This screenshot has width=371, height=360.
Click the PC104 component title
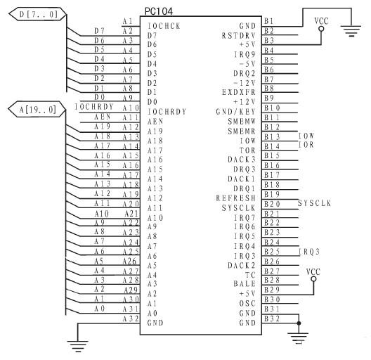[x=159, y=11]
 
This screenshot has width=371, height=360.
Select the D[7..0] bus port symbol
[x=37, y=14]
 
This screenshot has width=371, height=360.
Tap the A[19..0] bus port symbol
[x=37, y=110]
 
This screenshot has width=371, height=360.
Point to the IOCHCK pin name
[x=164, y=26]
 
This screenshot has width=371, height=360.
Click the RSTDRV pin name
[x=238, y=36]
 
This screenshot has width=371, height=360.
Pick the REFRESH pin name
[x=235, y=198]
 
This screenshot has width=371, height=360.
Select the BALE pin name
[x=245, y=284]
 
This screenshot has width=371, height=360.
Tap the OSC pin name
[x=247, y=303]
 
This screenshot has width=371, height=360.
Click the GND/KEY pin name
[x=235, y=112]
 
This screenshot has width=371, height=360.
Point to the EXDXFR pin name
[x=238, y=92]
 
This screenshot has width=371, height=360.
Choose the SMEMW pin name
[x=242, y=122]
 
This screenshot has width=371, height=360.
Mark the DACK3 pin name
[x=242, y=160]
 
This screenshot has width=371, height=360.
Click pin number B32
[x=272, y=319]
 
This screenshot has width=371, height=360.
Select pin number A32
[x=131, y=319]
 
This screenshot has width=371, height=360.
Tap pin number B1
[x=269, y=21]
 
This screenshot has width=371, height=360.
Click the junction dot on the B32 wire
[x=299, y=323]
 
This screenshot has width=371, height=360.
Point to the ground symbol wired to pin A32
[x=78, y=346]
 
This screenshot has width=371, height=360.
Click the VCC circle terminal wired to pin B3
[x=321, y=29]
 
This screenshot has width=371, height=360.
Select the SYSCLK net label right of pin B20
[x=314, y=203]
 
